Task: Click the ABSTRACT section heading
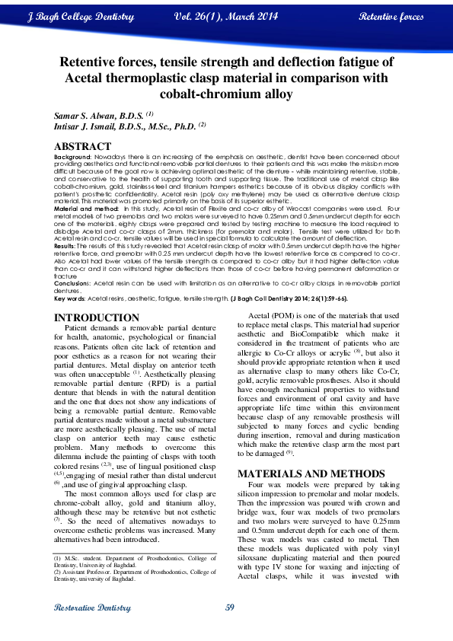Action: coord(82,146)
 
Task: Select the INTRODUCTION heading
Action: coord(97,317)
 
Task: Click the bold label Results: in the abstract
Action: coord(67,247)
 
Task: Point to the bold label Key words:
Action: coord(70,298)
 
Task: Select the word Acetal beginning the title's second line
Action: coord(85,78)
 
